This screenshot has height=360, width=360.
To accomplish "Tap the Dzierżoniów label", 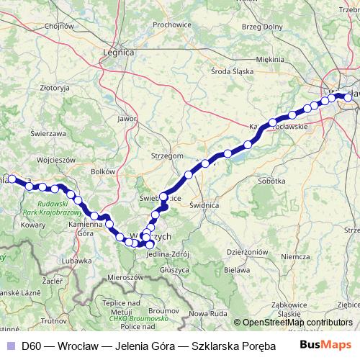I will [247, 252].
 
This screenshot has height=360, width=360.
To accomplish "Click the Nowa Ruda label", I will [208, 314].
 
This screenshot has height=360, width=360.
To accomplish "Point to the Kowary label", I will [34, 225].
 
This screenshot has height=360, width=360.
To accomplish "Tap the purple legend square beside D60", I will [10, 346].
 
